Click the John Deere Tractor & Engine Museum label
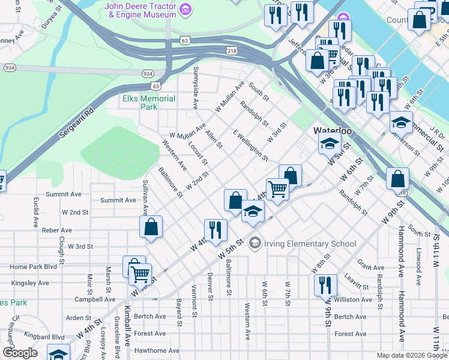pyautogui.click(x=140, y=11)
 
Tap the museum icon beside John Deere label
pyautogui.click(x=186, y=10)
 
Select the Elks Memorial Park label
pyautogui.click(x=140, y=103)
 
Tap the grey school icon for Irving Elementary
pyautogui.click(x=255, y=243)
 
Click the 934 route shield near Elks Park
pyautogui.click(x=148, y=73)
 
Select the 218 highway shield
pyautogui.click(x=232, y=50)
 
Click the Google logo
pyautogui.click(x=20, y=353)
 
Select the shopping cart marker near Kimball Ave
pyautogui.click(x=139, y=274)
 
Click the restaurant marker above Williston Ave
pyautogui.click(x=325, y=284)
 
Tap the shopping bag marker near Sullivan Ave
pyautogui.click(x=151, y=227)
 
